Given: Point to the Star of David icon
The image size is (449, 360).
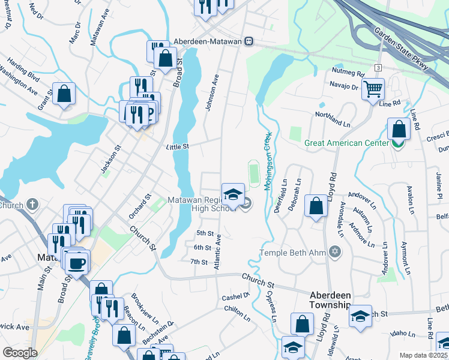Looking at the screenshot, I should tap(335, 252).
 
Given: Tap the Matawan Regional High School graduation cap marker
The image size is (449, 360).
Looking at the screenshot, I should tap(233, 194).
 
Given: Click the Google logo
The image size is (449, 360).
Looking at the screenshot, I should tap(20, 353).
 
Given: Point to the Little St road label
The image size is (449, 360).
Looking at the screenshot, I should tap(178, 146).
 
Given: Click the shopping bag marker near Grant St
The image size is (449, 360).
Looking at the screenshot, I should tap(64, 95).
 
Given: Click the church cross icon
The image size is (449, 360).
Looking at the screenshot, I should tap(31, 205).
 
